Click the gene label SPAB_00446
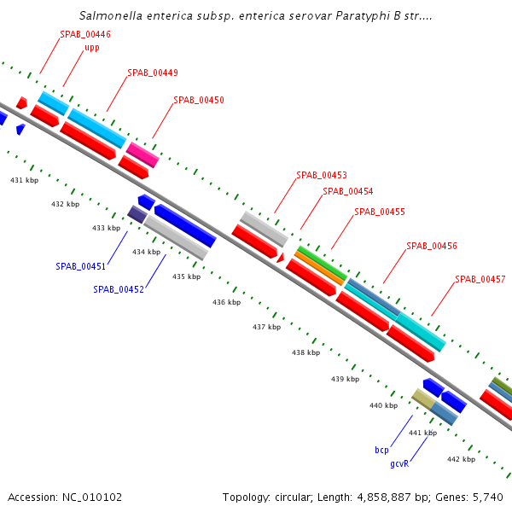tap(84, 34)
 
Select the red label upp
tap(92, 48)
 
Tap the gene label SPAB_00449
tap(152, 73)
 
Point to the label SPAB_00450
tap(198, 101)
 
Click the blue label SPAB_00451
tap(80, 266)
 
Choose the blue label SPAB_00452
tap(118, 290)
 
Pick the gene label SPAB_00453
tap(321, 176)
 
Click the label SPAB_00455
tap(379, 212)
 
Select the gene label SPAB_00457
tap(480, 280)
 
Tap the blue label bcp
tap(381, 450)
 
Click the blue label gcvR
tap(399, 464)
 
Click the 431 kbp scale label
tap(24, 181)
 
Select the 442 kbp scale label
tap(461, 460)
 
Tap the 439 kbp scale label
tap(345, 379)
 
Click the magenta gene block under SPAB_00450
tap(143, 154)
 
